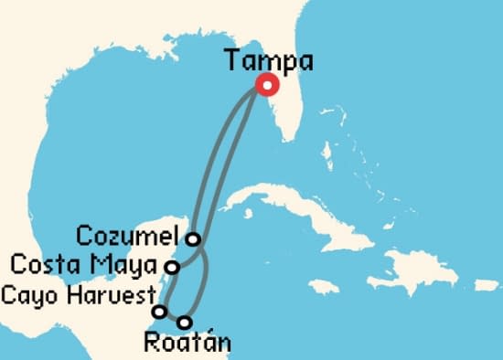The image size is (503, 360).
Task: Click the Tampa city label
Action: pos(268,62)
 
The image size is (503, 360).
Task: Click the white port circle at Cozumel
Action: pos(193,239)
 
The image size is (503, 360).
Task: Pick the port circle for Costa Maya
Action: pos(171,267)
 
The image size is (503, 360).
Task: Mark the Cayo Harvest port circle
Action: pos(159,312)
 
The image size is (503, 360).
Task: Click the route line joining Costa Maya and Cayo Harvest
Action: pos(165,290)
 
